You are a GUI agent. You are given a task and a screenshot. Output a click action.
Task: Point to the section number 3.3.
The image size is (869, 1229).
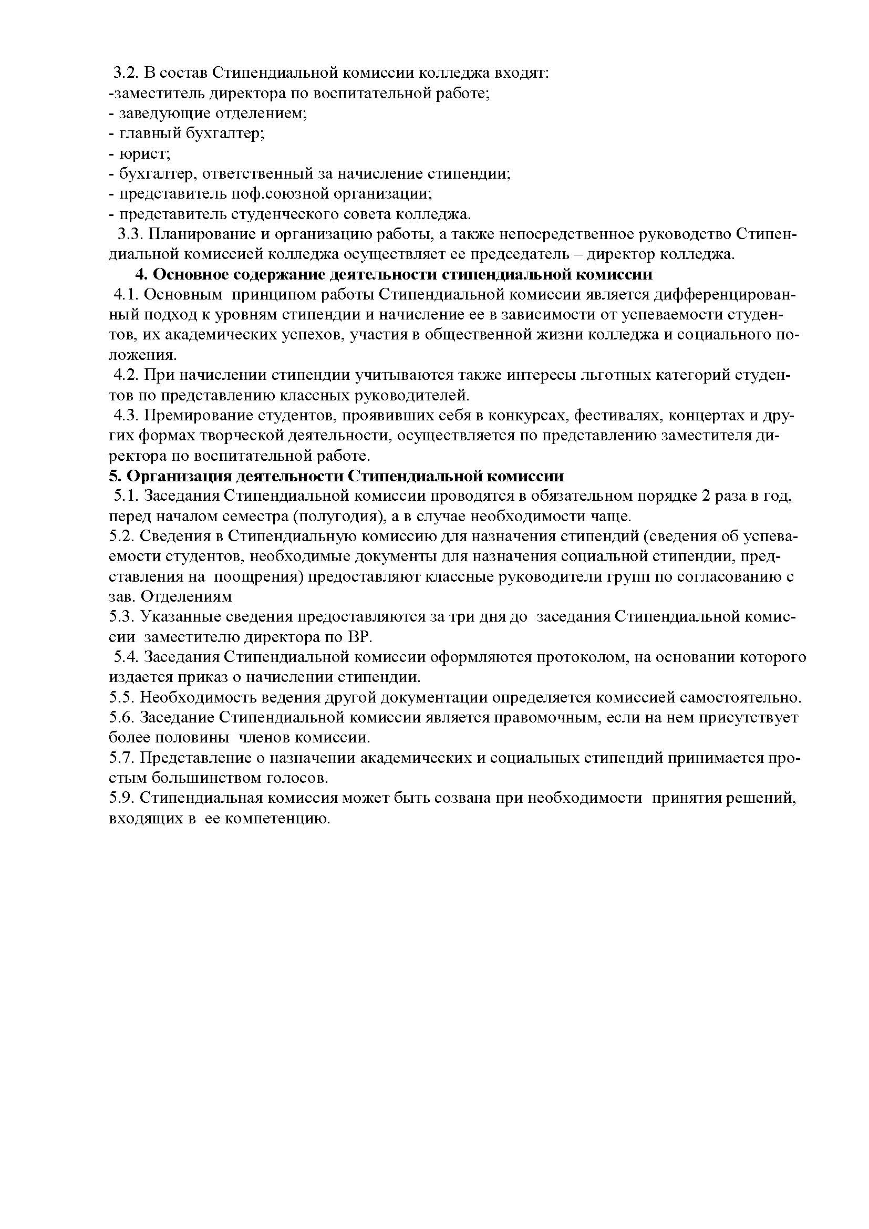[x=130, y=234]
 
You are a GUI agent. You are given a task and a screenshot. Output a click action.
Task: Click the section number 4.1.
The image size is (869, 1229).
[x=126, y=295]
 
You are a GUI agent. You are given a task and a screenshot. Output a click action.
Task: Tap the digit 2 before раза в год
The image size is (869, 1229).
[x=705, y=496]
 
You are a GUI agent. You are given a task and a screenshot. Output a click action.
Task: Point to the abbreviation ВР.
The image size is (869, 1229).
[x=360, y=637]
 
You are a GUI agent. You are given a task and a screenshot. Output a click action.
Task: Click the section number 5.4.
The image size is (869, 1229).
[x=126, y=657]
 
